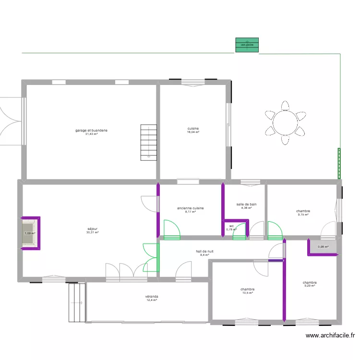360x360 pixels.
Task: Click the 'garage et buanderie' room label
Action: coord(91,130)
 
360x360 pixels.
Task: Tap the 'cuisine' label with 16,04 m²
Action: coord(193,128)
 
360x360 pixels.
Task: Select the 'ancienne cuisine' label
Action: coord(191,208)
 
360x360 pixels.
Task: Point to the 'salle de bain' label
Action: coord(246,204)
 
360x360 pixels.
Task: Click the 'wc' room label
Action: coord(231,226)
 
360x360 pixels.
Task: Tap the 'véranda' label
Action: coord(152,297)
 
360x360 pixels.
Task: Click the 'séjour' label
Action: coord(92,229)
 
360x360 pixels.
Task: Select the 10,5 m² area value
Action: coord(248,293)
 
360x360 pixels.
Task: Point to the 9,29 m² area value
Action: coord(310,286)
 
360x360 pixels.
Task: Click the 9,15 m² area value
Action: coord(303,215)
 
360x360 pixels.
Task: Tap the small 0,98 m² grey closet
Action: coord(323,247)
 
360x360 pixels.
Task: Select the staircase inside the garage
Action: coord(148,142)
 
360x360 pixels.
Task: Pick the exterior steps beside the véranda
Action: coord(77,302)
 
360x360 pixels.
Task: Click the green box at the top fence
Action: coord(247,45)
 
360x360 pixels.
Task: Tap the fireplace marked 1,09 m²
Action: coord(30,233)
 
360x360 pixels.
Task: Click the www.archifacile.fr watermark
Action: coord(330,336)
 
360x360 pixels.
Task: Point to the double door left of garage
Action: coord(11,120)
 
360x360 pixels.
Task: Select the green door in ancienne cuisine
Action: coord(171,229)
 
